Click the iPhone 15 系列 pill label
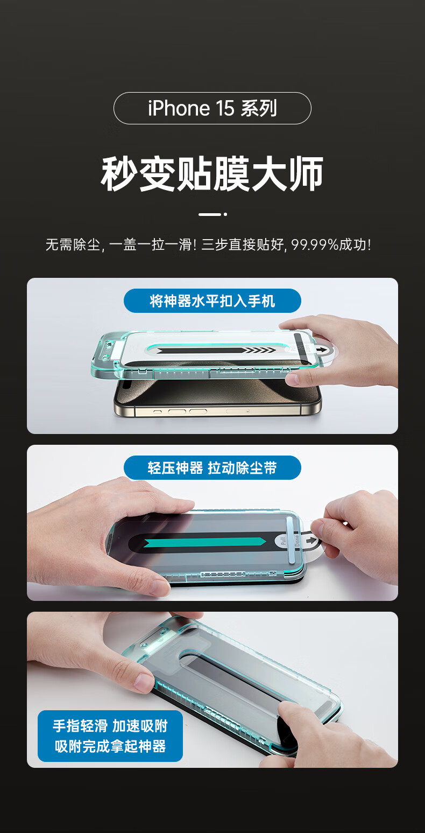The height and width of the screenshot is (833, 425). pyautogui.click(x=212, y=108)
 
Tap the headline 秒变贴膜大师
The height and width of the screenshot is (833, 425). pyautogui.click(x=212, y=174)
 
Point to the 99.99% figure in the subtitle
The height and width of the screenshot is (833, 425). pyautogui.click(x=315, y=244)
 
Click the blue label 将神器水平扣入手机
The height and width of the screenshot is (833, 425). pyautogui.click(x=212, y=301)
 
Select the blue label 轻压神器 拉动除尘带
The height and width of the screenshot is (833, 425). pyautogui.click(x=212, y=468)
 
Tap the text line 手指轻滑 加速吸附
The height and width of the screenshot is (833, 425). pyautogui.click(x=110, y=726)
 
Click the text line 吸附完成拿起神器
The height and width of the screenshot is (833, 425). pyautogui.click(x=110, y=746)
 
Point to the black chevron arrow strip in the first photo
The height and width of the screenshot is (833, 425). pyautogui.click(x=216, y=351)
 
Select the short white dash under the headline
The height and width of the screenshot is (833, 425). pyautogui.click(x=209, y=214)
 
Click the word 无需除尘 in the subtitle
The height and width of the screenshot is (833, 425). pyautogui.click(x=73, y=244)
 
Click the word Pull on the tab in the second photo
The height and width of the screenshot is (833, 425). pyautogui.click(x=283, y=542)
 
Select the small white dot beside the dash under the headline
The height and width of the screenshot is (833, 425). pyautogui.click(x=225, y=214)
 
